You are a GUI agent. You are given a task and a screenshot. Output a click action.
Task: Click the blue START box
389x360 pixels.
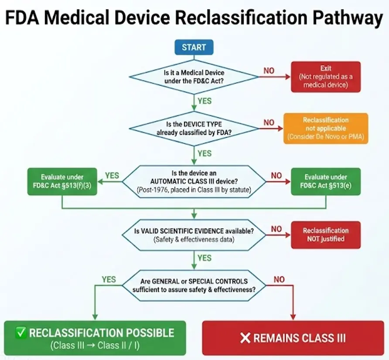coord(194,47)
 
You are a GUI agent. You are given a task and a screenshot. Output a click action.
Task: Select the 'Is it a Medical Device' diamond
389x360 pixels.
coord(194,77)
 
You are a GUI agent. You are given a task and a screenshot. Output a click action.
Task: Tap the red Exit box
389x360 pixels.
coord(326,77)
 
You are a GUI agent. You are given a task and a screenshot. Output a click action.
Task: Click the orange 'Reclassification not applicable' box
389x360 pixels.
coord(326,129)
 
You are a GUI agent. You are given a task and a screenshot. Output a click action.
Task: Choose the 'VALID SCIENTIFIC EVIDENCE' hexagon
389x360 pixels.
coord(194,235)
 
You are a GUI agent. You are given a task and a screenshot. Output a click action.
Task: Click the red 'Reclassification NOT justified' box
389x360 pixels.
coord(326,235)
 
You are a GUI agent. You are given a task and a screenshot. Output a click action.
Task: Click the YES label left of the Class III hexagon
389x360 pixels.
coord(112,175)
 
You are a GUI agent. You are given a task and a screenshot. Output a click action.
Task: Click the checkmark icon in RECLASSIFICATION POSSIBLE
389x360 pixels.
coord(21,333)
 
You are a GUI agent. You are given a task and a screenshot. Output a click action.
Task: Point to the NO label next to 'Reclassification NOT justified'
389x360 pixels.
coord(276,229)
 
